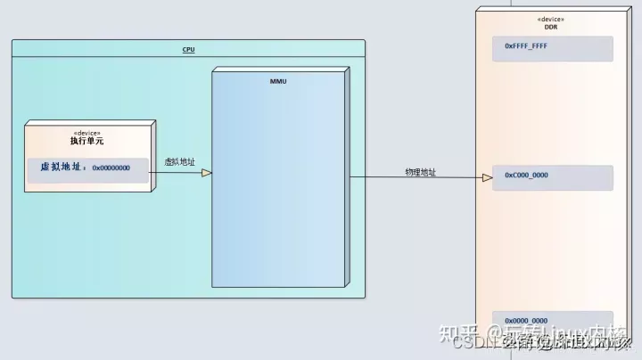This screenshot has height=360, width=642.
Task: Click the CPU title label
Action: pyautogui.click(x=188, y=50)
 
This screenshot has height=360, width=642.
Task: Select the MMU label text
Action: pyautogui.click(x=278, y=81)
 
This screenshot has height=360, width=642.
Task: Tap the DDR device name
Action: pyautogui.click(x=551, y=27)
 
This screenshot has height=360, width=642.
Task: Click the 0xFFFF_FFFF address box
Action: pyautogui.click(x=553, y=48)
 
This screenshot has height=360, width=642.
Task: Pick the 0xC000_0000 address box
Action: pyautogui.click(x=553, y=176)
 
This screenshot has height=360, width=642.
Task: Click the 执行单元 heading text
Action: pyautogui.click(x=87, y=141)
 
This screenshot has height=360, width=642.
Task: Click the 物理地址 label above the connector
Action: pyautogui.click(x=420, y=172)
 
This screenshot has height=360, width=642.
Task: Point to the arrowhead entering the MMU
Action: pyautogui.click(x=206, y=173)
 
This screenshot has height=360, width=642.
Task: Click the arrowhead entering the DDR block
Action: pyautogui.click(x=487, y=178)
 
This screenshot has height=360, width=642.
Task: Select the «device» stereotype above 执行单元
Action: pyautogui.click(x=87, y=132)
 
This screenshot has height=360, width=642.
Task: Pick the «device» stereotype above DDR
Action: pyautogui.click(x=551, y=19)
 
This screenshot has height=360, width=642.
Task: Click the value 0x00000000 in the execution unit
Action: pyautogui.click(x=111, y=168)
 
